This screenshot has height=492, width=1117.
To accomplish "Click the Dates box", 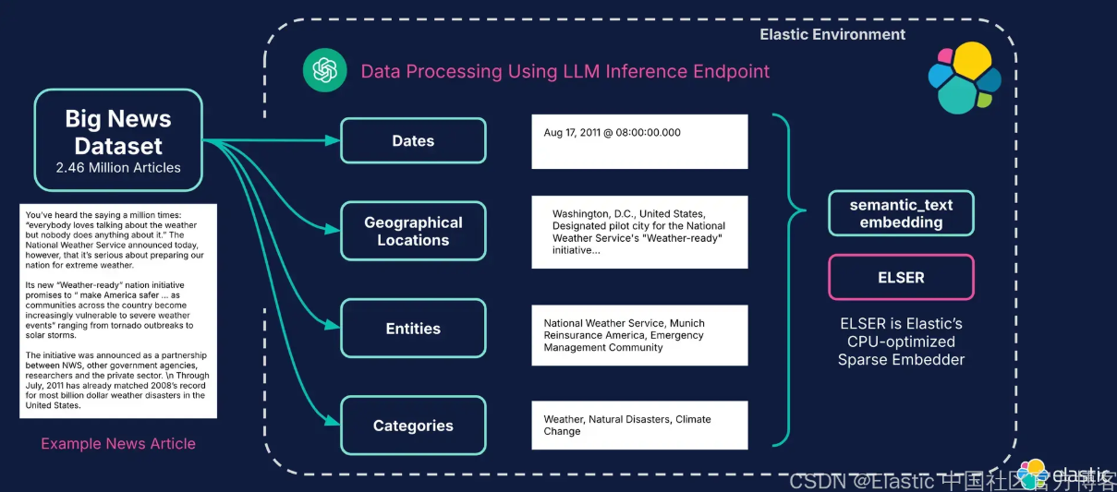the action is [413, 141].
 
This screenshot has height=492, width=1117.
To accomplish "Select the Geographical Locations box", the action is [413, 231].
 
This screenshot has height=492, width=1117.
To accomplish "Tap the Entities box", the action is [413, 329].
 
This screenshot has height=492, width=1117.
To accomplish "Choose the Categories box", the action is [413, 426].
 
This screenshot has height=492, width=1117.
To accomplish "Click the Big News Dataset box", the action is [118, 140].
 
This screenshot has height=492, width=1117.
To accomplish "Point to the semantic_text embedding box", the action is [901, 213].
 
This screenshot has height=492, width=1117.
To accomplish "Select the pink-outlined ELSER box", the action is [901, 277].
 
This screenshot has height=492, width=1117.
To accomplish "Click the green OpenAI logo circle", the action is [324, 70].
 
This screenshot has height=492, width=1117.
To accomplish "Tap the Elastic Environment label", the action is [832, 34].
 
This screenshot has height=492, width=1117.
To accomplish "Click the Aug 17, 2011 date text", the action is [612, 133].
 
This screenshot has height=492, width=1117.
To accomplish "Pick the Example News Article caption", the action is [118, 443].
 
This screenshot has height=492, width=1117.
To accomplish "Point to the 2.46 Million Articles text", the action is [118, 167].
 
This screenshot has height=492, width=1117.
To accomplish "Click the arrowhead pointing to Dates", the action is [333, 140].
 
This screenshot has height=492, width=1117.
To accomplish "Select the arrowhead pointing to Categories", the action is [333, 421].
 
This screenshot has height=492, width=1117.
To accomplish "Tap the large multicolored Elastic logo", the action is [965, 78].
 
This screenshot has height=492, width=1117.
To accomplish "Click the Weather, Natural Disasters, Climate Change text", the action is [627, 426].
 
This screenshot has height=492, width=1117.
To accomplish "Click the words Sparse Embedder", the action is [901, 360].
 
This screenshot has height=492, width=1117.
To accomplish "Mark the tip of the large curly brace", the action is [805, 210].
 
